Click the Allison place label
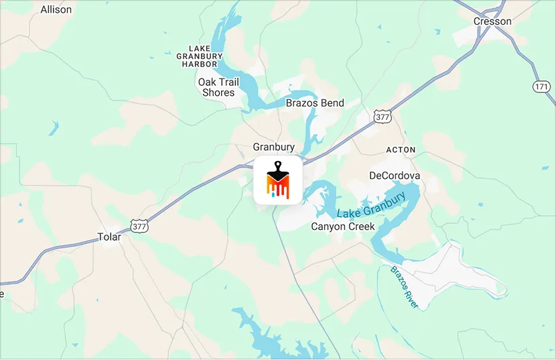coord(56,10)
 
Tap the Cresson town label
coord(492,21)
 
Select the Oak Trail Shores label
coord(218,87)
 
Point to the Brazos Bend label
coord(315,103)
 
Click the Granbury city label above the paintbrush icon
coord(273,147)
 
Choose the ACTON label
coord(401,149)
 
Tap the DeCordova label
coord(395,176)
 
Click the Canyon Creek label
coord(343,227)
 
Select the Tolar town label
coord(109,237)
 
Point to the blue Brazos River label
coord(404,287)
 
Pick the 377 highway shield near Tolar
coord(139,226)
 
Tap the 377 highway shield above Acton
coord(382,116)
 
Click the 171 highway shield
coord(542,87)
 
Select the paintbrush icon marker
coord(277,180)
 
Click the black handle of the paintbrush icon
coord(277,168)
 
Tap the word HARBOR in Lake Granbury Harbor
coord(200,64)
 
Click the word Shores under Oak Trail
coord(218,93)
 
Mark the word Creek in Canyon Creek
coord(360,227)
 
